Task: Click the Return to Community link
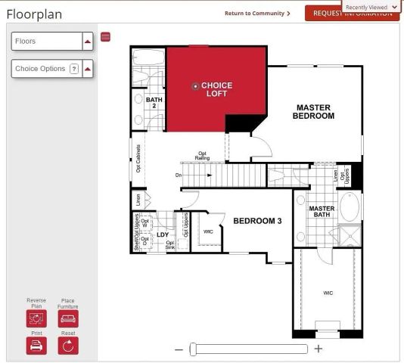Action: click(x=257, y=14)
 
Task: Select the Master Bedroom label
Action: click(x=314, y=112)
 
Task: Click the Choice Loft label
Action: click(x=216, y=89)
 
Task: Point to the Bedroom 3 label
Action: click(x=257, y=221)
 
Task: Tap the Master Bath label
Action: click(x=322, y=212)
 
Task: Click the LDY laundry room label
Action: click(x=163, y=234)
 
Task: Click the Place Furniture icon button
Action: click(x=68, y=318)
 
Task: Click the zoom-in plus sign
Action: click(x=319, y=349)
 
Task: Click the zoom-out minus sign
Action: click(x=179, y=349)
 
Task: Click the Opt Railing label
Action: click(x=202, y=156)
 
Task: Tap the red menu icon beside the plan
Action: click(x=105, y=36)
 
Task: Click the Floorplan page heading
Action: click(x=35, y=14)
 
